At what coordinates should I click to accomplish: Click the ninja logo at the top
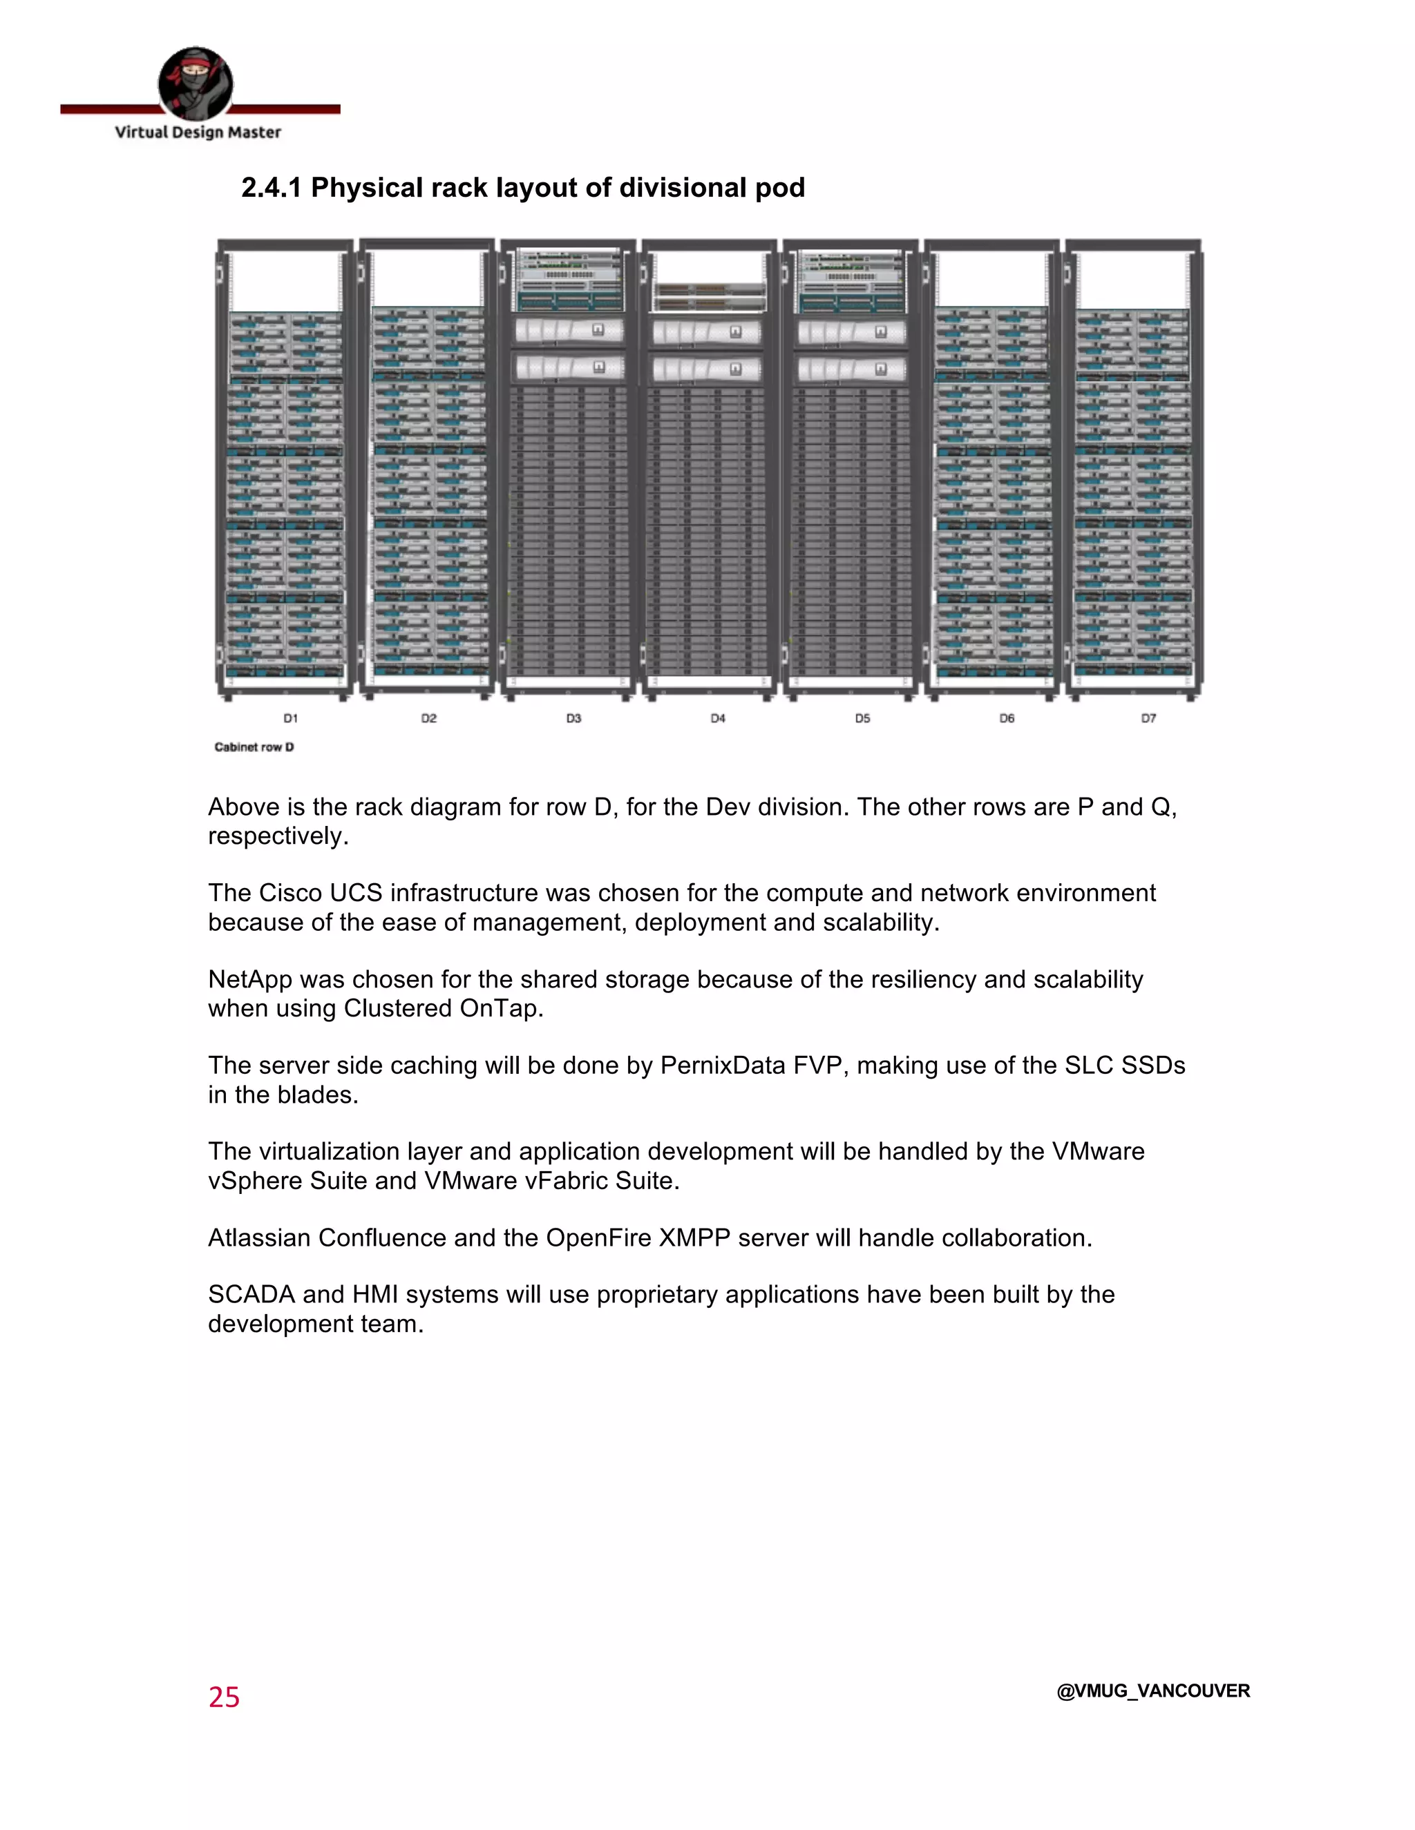click(196, 84)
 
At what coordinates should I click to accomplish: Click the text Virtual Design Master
click(198, 133)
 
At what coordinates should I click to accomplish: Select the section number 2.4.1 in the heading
click(271, 188)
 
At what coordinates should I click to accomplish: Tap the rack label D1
click(290, 718)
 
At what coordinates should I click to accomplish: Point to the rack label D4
click(718, 718)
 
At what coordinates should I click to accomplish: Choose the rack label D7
click(1148, 718)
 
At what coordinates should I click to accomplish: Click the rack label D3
click(573, 718)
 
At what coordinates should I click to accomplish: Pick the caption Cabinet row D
click(254, 747)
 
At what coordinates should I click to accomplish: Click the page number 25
click(224, 1697)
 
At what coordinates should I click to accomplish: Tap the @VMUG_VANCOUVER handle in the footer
click(1152, 1691)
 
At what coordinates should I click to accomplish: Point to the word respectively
click(278, 836)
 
